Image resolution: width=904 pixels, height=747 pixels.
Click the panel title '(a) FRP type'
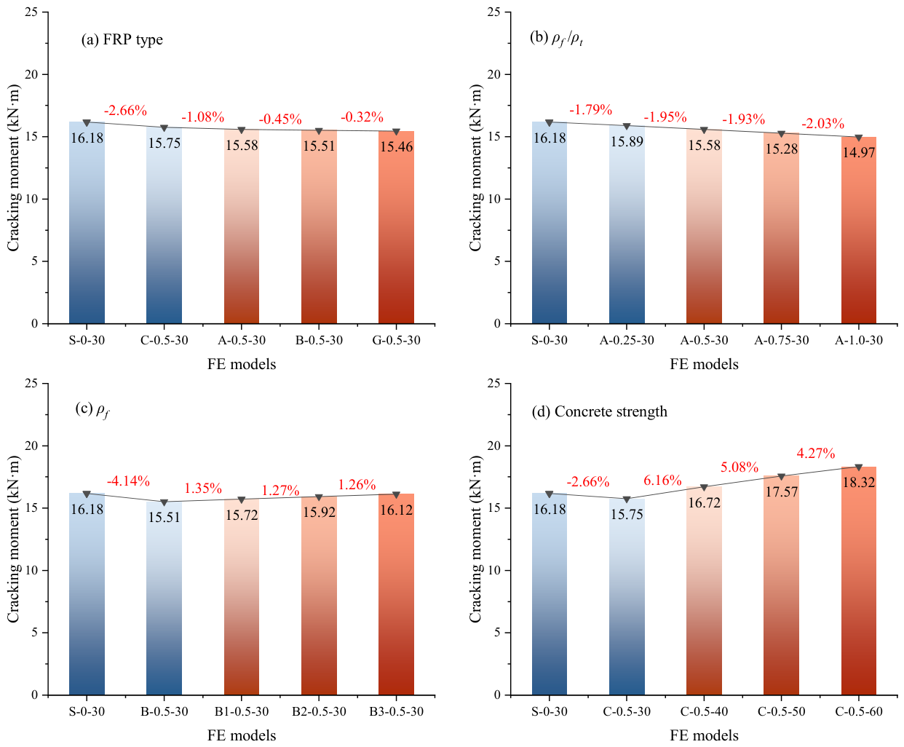tap(122, 40)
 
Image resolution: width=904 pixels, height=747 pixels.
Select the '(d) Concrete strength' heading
tap(600, 411)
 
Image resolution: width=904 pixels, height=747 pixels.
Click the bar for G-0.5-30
tap(396, 227)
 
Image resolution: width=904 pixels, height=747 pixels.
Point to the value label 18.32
tap(859, 483)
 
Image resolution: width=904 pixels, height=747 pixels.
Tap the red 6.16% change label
tap(662, 481)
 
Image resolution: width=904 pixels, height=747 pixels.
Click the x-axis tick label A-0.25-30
tap(627, 340)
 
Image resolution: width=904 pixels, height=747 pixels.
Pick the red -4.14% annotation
tap(128, 481)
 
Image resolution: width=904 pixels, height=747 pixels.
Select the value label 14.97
tap(859, 152)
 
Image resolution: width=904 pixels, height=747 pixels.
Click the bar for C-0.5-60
tap(859, 581)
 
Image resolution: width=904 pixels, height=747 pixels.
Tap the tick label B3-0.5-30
tap(396, 711)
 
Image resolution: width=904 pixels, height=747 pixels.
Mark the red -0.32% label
tap(362, 117)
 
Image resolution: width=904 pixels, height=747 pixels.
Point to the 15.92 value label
tap(319, 513)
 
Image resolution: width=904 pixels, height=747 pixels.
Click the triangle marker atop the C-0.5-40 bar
tap(704, 488)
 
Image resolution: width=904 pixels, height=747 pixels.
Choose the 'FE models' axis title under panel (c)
tap(242, 736)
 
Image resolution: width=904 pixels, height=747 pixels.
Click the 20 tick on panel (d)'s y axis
tap(494, 446)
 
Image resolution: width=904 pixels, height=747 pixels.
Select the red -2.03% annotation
tap(822, 124)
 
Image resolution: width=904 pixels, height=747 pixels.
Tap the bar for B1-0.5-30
tap(242, 597)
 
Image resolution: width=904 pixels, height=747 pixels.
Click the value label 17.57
tap(782, 492)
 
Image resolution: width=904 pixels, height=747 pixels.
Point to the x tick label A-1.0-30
tap(859, 340)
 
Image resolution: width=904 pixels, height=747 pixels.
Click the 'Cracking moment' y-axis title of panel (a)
tap(14, 167)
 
